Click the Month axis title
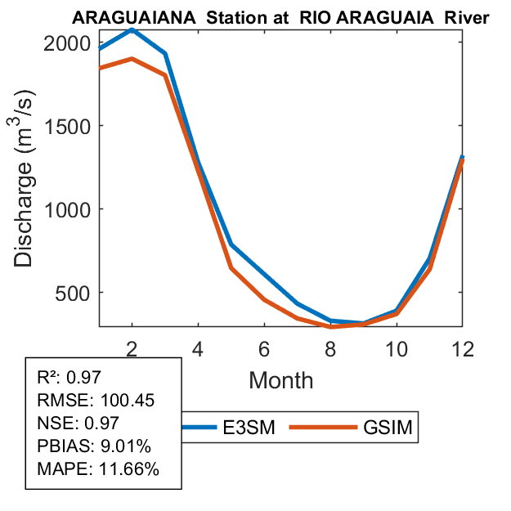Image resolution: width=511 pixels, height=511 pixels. (280, 379)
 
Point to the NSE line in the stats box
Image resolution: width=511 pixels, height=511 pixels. (78, 423)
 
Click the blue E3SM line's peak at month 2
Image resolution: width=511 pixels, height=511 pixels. (132, 30)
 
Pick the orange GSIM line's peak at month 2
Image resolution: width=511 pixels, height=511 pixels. (132, 59)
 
